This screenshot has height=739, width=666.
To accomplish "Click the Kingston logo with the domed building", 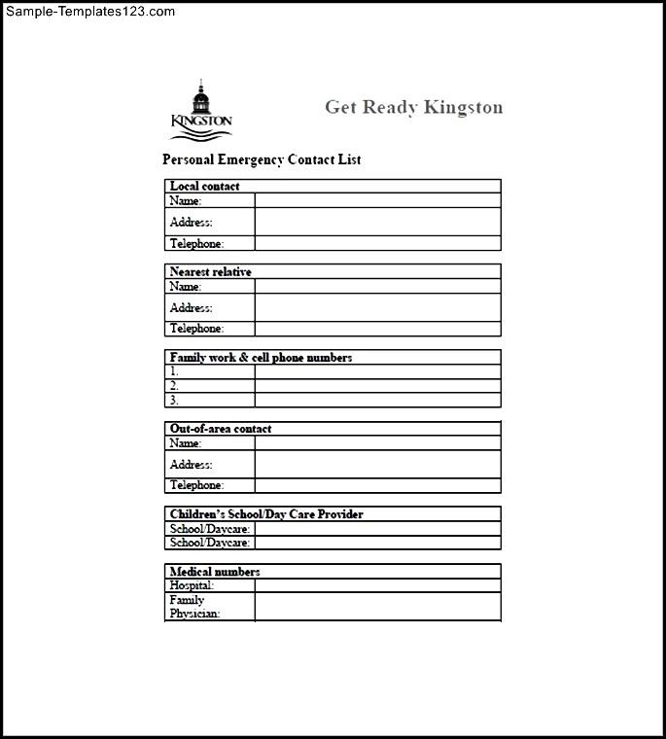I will coord(201,110).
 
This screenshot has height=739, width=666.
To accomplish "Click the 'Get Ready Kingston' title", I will coord(413,107).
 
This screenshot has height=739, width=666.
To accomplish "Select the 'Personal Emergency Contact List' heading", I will coord(262,159).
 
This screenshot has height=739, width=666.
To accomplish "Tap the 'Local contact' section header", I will coord(204,186).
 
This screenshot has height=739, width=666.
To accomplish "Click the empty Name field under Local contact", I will coord(377,200).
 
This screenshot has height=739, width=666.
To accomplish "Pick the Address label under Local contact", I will coord(191,222).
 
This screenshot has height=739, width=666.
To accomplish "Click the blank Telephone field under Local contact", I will coord(377,243).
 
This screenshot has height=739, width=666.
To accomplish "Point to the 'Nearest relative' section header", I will coord(210,271).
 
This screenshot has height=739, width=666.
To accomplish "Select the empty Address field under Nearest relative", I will coord(377,307).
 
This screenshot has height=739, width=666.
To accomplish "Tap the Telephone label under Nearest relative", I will coord(196,329).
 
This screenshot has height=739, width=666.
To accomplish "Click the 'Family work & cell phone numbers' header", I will coord(261,357).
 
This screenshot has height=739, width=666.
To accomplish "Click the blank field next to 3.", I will coord(377,400).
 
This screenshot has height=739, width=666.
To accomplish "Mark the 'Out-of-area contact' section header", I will coord(221,428).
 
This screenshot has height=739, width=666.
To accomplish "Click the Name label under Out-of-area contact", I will coord(186,442).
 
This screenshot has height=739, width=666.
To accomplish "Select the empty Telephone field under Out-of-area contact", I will coord(377,485).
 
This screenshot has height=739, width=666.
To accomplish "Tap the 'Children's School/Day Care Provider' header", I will coord(266,513).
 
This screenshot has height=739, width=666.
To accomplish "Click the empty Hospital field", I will coord(377,585).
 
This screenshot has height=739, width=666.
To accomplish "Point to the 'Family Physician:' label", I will coord(194,607).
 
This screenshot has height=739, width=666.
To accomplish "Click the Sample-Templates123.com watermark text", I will coord(88,12).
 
